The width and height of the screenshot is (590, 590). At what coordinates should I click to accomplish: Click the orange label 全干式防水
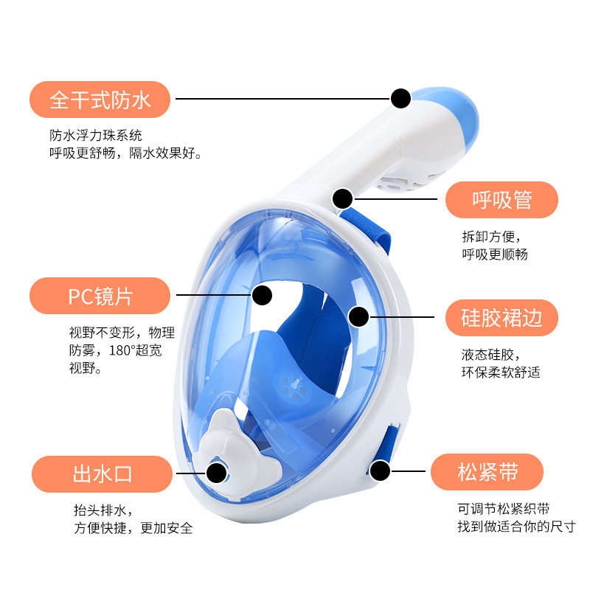pyautogui.click(x=100, y=100)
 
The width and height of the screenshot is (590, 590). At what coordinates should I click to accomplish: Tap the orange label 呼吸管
pyautogui.click(x=502, y=200)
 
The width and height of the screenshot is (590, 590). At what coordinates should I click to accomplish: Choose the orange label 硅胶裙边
pyautogui.click(x=502, y=317)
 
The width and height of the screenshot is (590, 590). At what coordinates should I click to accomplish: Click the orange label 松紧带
pyautogui.click(x=487, y=472)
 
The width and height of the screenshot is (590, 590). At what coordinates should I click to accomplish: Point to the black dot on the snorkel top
pyautogui.click(x=400, y=99)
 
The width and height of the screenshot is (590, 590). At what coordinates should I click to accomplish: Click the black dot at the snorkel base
pyautogui.click(x=343, y=198)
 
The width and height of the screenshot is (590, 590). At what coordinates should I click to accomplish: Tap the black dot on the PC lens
pyautogui.click(x=262, y=296)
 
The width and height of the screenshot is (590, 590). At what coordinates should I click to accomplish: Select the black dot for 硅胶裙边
pyautogui.click(x=358, y=317)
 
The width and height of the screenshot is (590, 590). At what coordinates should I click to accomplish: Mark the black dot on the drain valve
pyautogui.click(x=216, y=471)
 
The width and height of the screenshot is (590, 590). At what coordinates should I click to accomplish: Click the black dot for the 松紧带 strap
pyautogui.click(x=381, y=470)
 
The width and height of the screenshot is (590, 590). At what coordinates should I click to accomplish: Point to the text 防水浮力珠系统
pyautogui.click(x=96, y=136)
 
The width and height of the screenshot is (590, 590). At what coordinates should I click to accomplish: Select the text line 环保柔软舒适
pyautogui.click(x=501, y=372)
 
